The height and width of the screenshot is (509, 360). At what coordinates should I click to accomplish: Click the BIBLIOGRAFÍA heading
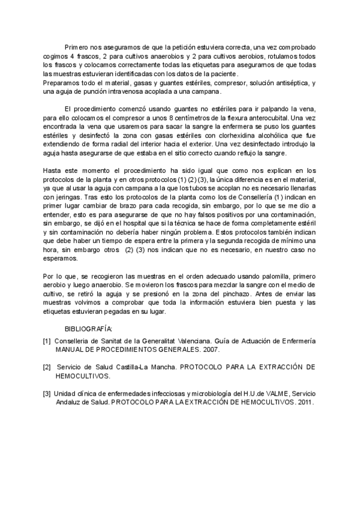[x=88, y=329]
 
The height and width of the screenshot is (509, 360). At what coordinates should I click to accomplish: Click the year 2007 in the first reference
[x=209, y=349]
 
